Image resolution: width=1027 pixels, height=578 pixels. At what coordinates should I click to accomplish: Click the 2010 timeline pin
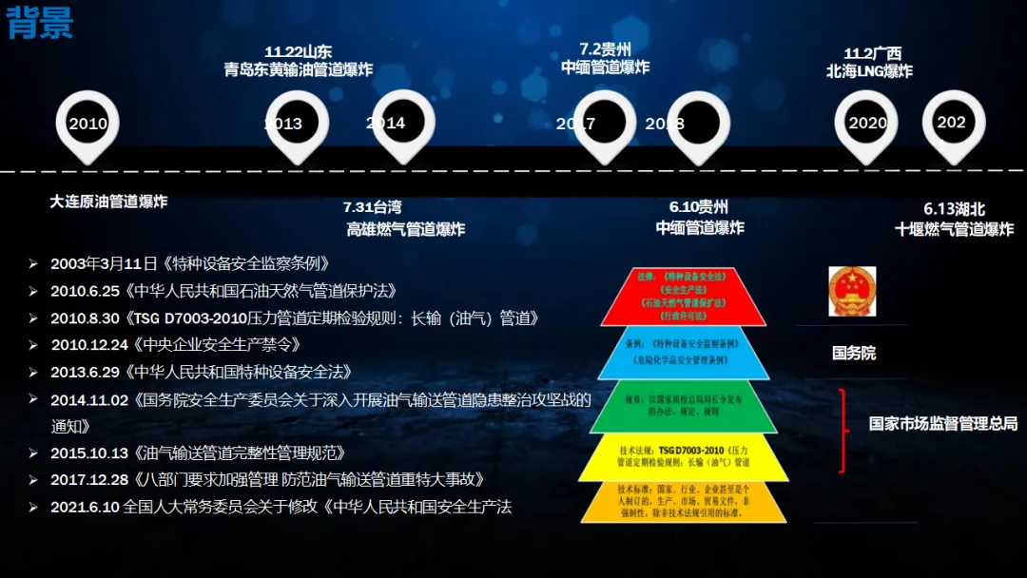tap(88, 125)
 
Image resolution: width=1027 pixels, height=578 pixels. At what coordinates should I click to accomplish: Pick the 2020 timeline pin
tap(866, 124)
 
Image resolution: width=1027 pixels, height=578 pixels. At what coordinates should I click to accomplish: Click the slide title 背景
tap(40, 23)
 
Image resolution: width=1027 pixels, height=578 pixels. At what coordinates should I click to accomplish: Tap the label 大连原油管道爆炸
tap(108, 202)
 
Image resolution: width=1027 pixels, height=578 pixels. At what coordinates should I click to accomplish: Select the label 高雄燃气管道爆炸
tap(405, 229)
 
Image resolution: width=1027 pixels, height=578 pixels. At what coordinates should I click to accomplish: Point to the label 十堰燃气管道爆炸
tap(954, 229)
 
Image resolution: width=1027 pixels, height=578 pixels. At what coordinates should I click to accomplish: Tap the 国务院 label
tap(853, 353)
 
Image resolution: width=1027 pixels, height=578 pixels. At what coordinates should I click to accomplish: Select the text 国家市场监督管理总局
tap(942, 424)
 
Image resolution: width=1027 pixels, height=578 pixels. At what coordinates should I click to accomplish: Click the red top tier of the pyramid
tap(683, 296)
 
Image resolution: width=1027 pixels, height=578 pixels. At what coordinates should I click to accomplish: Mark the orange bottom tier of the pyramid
tap(683, 501)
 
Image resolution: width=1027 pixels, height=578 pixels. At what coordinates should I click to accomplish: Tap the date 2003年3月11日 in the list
tap(105, 263)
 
